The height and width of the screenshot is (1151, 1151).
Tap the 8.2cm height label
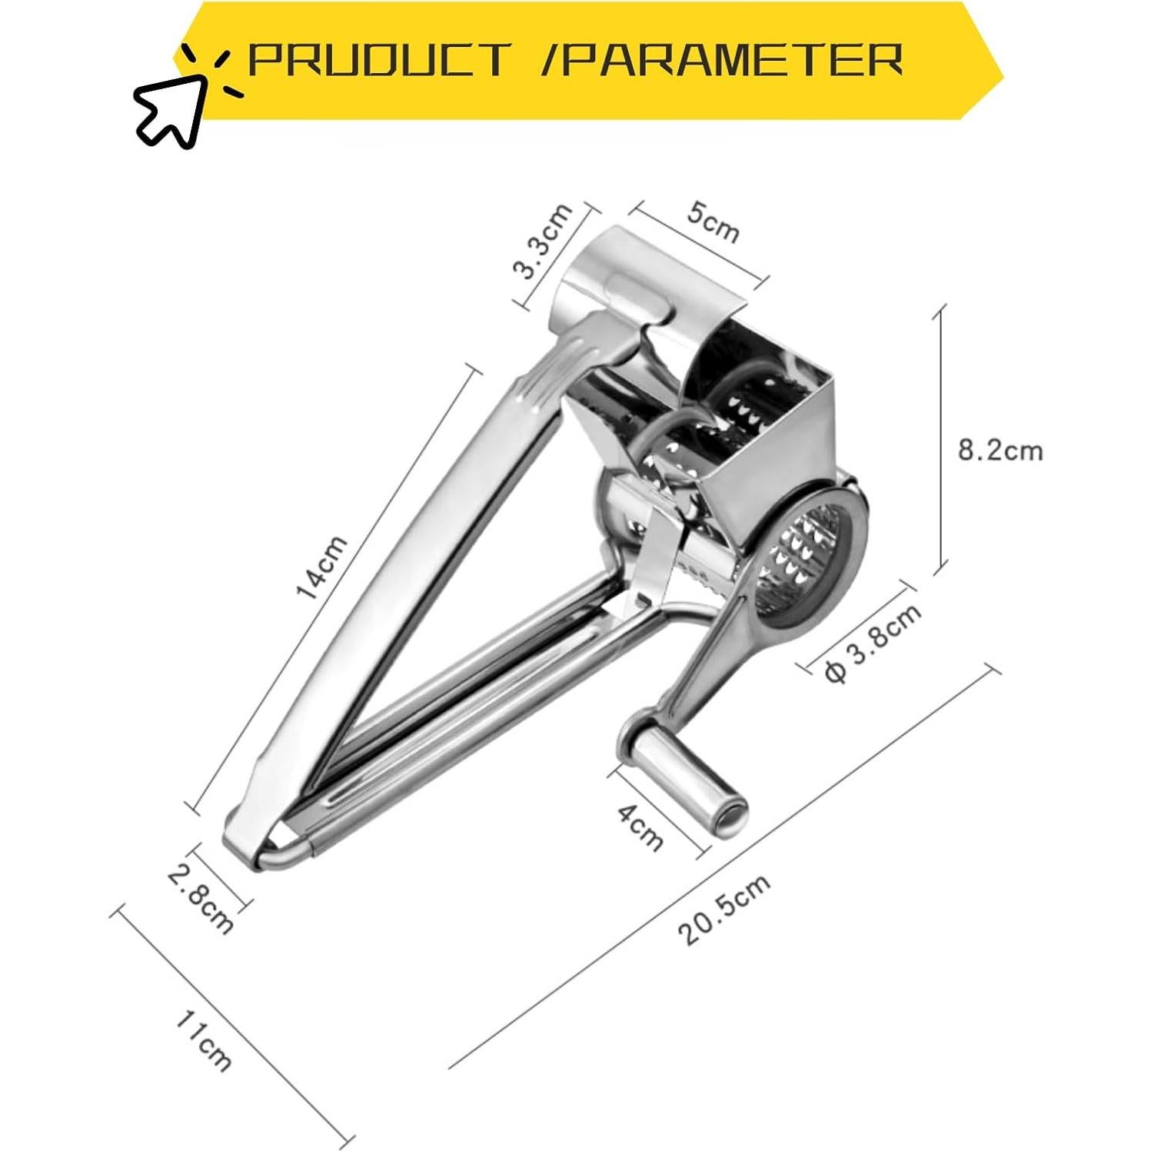coord(1000,450)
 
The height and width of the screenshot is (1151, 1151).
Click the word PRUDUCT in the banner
coord(379,59)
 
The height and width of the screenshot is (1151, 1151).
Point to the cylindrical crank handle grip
coord(687,783)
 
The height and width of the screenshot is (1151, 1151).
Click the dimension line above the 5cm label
coord(699,243)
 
